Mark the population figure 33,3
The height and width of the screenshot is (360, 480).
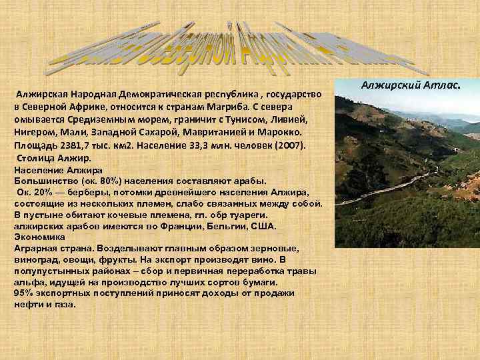[205, 145]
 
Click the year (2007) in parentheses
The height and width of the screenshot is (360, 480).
[286, 145]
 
